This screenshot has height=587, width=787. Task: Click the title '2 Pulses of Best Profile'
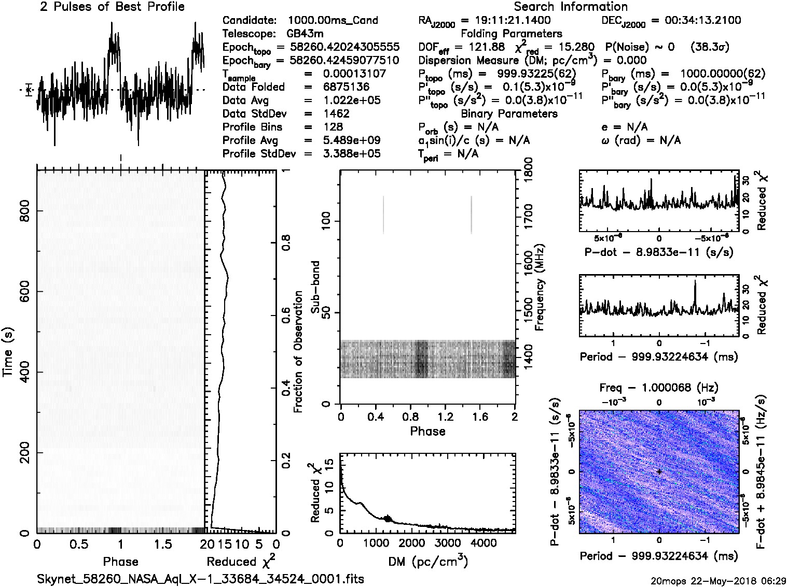pos(112,7)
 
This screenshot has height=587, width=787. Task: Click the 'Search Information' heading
pos(571,7)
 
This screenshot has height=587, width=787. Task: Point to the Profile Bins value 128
pos(333,127)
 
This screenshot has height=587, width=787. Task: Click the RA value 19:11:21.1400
pos(506,21)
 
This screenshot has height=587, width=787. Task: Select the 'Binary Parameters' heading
pos(509,114)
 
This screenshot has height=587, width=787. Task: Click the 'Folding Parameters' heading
pos(511,34)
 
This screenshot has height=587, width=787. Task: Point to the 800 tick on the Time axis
pos(24,210)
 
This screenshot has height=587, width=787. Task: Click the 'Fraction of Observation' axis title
pos(298,352)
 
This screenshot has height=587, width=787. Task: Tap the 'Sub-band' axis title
pos(315,287)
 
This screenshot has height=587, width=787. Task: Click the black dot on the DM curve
pos(388,519)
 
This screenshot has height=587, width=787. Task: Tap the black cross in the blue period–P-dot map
pos(659,471)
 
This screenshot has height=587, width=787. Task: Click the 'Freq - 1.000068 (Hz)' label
pos(659,388)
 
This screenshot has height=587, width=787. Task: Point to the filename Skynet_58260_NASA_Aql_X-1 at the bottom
pos(200,579)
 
